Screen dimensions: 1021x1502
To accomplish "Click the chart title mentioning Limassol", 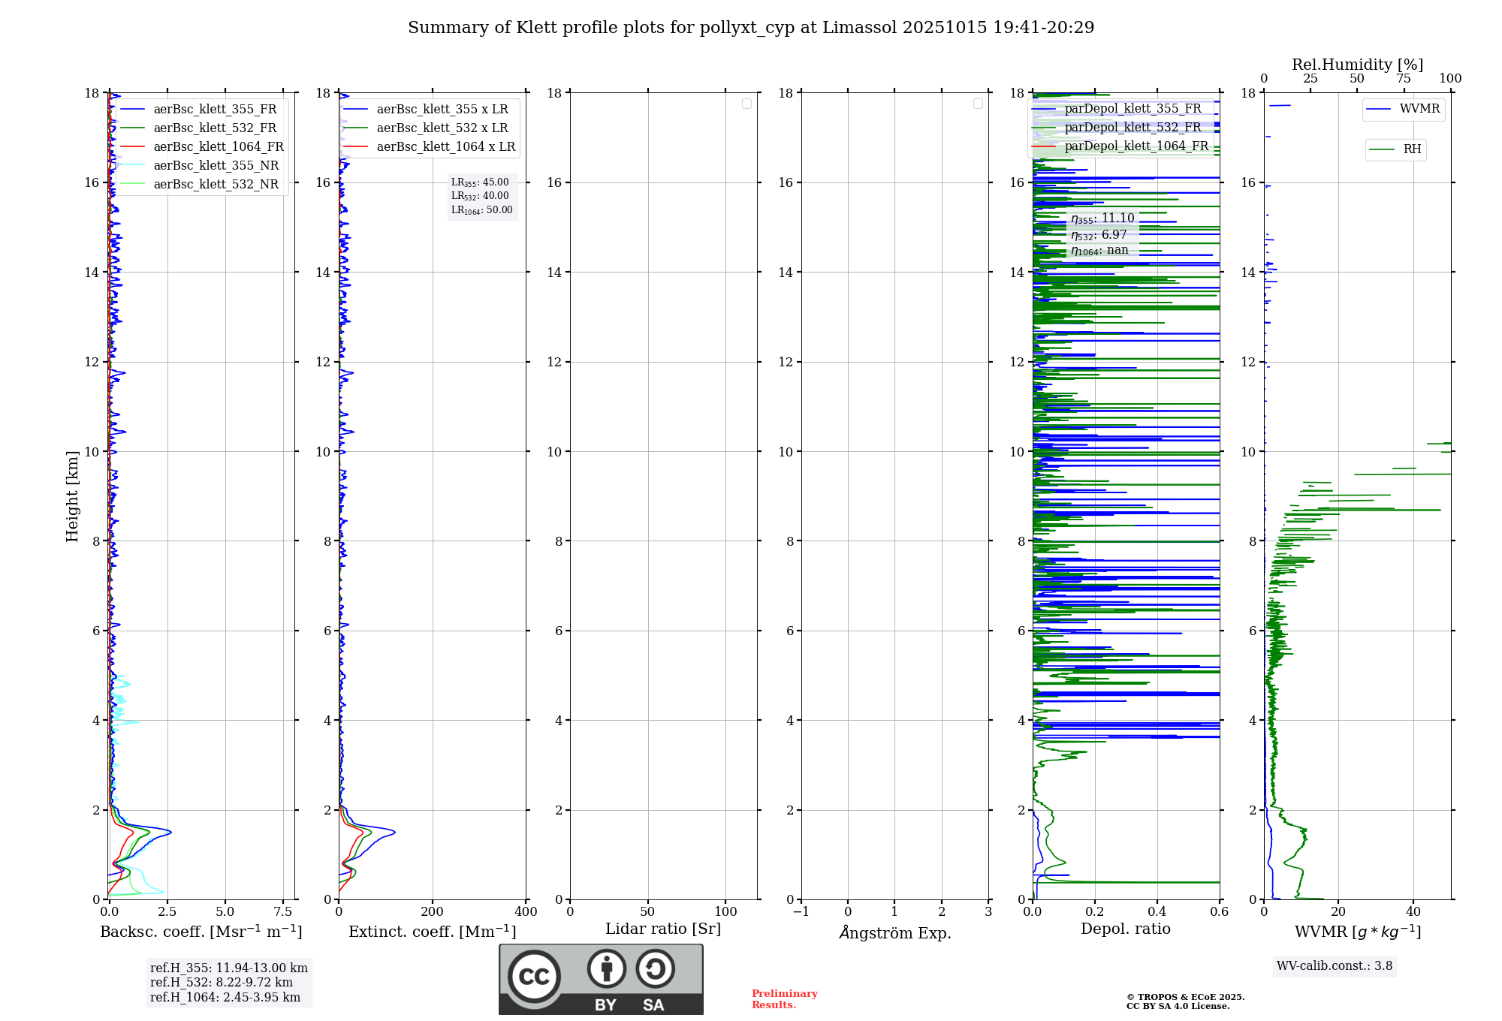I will (751, 28).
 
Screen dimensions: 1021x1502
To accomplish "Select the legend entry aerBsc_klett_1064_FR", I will (218, 147).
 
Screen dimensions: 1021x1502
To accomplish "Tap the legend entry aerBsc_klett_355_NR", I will (216, 166).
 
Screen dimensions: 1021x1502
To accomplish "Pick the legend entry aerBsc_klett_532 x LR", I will (442, 128).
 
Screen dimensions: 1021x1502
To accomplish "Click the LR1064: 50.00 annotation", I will (481, 210).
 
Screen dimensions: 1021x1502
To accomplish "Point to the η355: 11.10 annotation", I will (1102, 218).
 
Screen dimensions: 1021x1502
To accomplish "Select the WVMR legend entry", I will (1419, 109).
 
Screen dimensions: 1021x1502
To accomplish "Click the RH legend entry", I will (1412, 149).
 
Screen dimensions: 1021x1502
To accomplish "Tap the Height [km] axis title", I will (72, 496).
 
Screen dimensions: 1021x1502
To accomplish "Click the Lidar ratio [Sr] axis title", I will (663, 929).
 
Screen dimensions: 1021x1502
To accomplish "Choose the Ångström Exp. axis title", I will (895, 932).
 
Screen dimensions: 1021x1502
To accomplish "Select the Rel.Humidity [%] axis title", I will (1357, 65).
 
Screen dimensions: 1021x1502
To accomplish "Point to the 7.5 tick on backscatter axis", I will (282, 912).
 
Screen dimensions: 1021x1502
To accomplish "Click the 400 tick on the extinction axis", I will (526, 912).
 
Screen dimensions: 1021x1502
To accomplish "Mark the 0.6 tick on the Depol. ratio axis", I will (1219, 912).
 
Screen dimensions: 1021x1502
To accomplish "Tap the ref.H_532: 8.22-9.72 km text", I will (222, 983).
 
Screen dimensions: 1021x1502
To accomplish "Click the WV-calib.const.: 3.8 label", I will (1335, 966).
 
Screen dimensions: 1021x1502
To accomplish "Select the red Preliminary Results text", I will (784, 999).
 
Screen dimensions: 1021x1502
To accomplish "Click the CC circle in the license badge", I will (534, 977).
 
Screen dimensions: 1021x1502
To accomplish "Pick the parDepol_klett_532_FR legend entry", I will (1133, 128).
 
